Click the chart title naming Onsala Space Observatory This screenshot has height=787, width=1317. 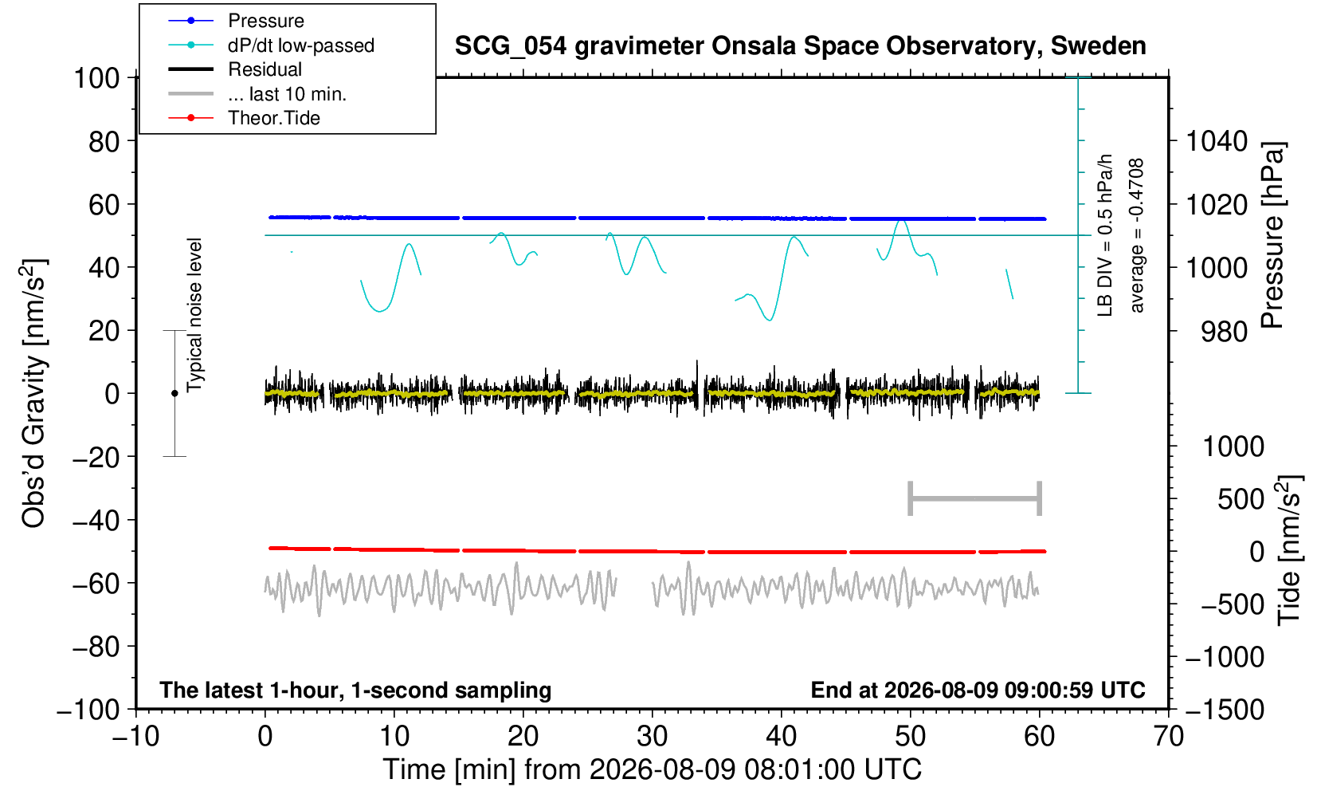[800, 46]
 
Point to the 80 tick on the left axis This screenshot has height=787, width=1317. [104, 141]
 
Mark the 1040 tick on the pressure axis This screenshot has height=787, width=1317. [1217, 141]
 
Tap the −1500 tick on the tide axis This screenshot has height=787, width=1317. [1224, 710]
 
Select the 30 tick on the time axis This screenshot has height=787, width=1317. [652, 737]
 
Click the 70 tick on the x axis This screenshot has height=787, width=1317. [1168, 737]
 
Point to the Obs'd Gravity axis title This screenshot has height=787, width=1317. [33, 393]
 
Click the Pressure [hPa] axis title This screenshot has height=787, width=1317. [1273, 235]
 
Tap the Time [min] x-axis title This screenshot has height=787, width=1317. [652, 769]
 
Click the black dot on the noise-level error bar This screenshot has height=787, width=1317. [174, 393]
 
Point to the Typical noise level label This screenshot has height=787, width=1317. [194, 315]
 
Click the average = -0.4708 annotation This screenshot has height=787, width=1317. [1136, 235]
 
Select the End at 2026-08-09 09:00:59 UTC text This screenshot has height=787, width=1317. [978, 690]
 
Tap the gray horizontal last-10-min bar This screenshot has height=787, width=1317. [975, 498]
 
